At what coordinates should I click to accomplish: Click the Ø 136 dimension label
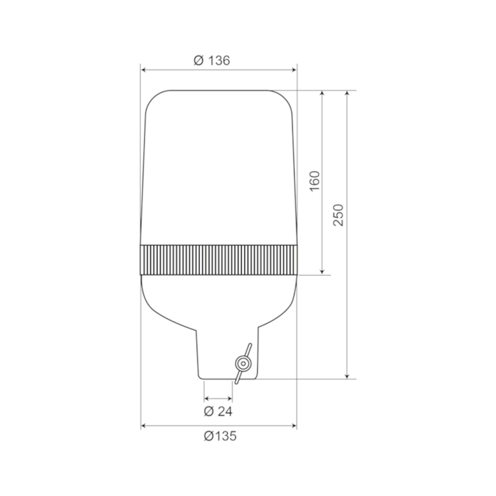212,61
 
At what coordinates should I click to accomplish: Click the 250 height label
338,215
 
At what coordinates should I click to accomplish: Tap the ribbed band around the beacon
219,260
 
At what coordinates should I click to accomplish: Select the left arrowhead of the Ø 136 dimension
144,70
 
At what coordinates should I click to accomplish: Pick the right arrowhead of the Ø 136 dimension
294,70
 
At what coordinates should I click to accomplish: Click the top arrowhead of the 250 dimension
347,93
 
